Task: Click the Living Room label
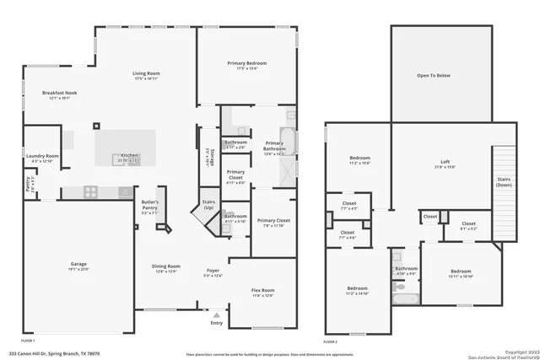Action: click(146, 74)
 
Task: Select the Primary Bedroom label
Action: click(246, 64)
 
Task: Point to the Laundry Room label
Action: click(42, 156)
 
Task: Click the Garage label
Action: click(78, 265)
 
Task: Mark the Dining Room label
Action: click(167, 268)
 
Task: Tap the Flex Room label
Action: click(262, 291)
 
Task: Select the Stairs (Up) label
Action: click(208, 205)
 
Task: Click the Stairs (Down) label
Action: click(504, 180)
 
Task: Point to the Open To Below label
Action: click(434, 75)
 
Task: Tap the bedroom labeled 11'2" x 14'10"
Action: click(358, 290)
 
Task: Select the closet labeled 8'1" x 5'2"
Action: click(468, 224)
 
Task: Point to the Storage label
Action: click(211, 159)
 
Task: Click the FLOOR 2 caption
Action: click(331, 342)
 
